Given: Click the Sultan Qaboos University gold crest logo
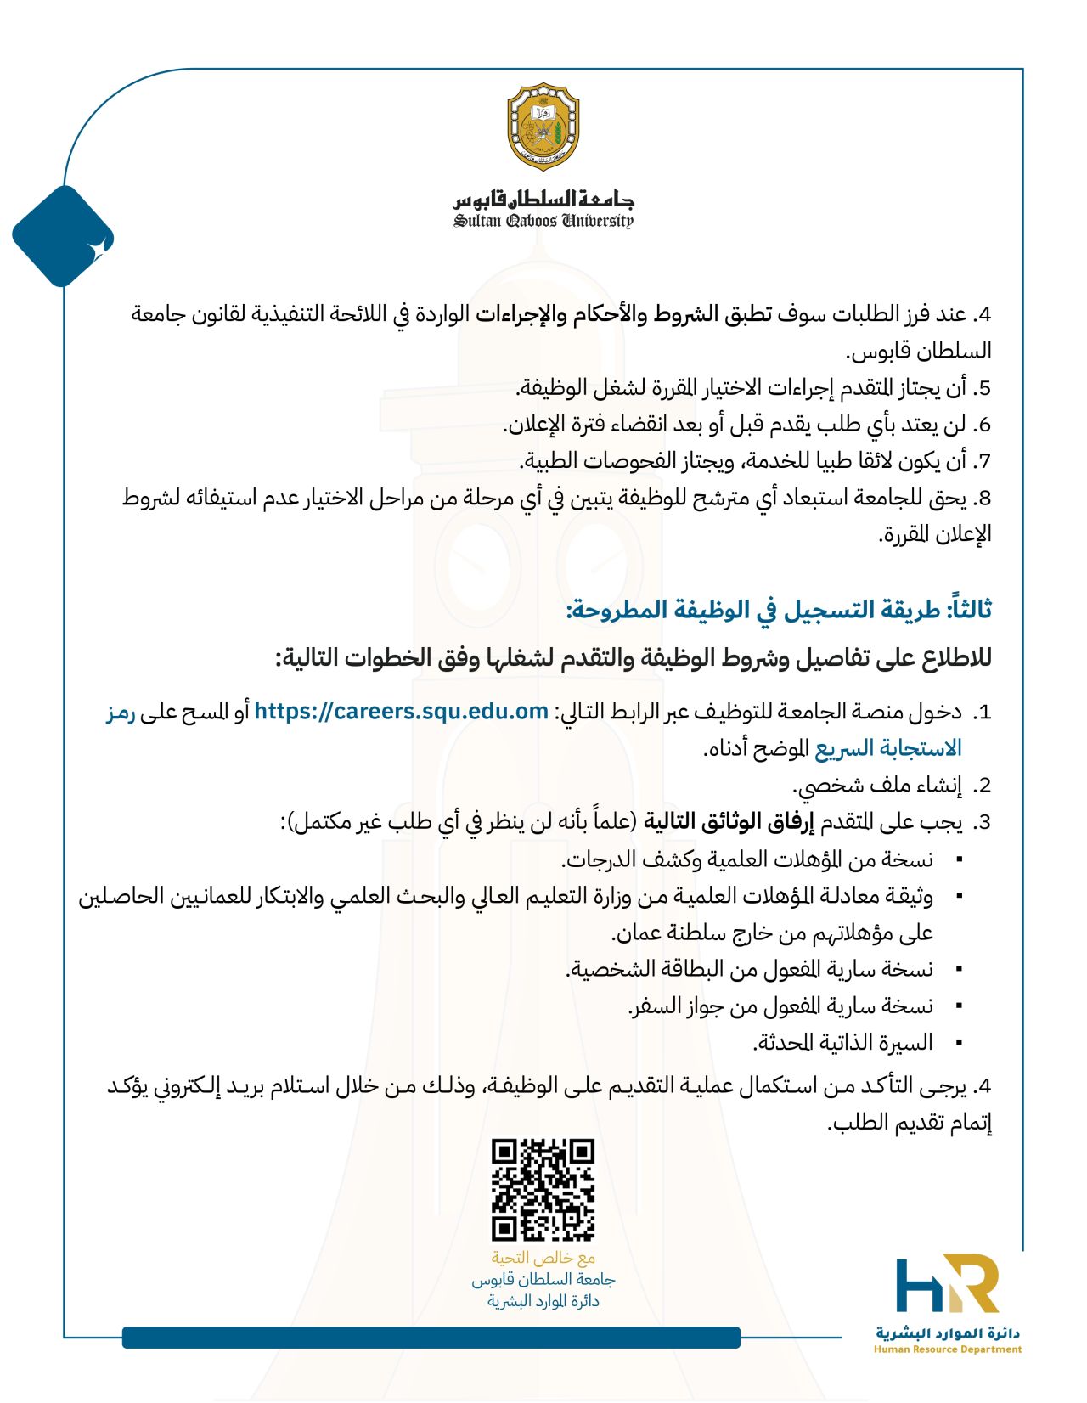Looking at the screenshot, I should (543, 127).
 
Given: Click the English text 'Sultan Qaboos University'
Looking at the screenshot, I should (543, 222).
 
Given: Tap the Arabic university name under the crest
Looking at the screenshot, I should (543, 200).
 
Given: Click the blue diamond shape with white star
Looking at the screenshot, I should (63, 237).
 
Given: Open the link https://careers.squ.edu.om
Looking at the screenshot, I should (401, 711).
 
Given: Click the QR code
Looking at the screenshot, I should (543, 1189).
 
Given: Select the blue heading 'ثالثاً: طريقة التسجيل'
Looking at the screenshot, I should (779, 610).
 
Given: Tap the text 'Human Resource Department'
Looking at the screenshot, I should (948, 1349).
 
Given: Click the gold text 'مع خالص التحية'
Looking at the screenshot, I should (543, 1258).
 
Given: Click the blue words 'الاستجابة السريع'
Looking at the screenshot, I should (888, 748).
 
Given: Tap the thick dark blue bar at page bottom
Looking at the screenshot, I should (431, 1337).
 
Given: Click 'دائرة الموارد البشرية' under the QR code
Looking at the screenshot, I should (543, 1301).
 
